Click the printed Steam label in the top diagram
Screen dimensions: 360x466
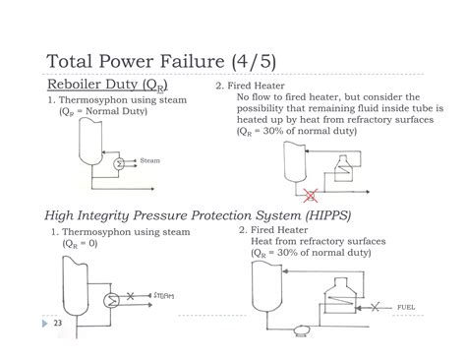pyautogui.click(x=151, y=160)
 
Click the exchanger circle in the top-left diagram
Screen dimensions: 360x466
pyautogui.click(x=120, y=163)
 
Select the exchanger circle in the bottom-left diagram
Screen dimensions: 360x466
pyautogui.click(x=110, y=294)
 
